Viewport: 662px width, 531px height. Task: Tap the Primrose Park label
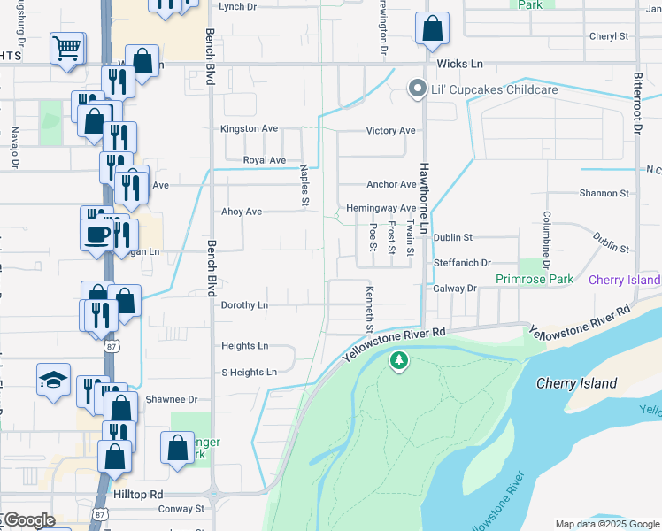(x=535, y=280)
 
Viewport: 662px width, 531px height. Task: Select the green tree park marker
(x=399, y=360)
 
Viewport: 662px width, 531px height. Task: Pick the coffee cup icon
(x=96, y=235)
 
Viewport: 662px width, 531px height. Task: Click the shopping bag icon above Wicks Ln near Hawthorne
(x=431, y=28)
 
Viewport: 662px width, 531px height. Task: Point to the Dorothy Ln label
(x=244, y=304)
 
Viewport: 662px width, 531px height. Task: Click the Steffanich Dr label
(x=462, y=264)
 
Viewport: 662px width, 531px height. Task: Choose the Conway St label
(x=181, y=509)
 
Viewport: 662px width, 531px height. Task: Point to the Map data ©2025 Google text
(x=605, y=524)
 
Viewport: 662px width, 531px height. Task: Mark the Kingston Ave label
(x=249, y=128)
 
